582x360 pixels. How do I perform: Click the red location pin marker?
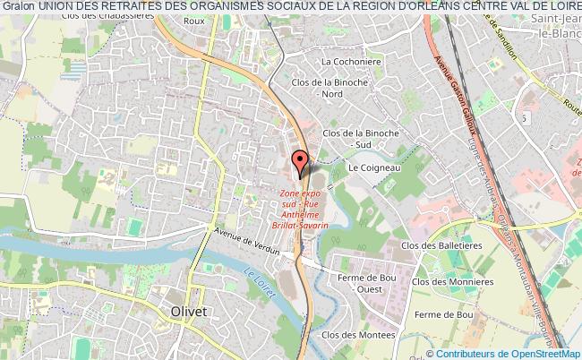coord(302,162)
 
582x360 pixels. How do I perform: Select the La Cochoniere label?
coord(344,61)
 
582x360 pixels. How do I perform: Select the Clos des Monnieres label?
coord(461,282)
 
